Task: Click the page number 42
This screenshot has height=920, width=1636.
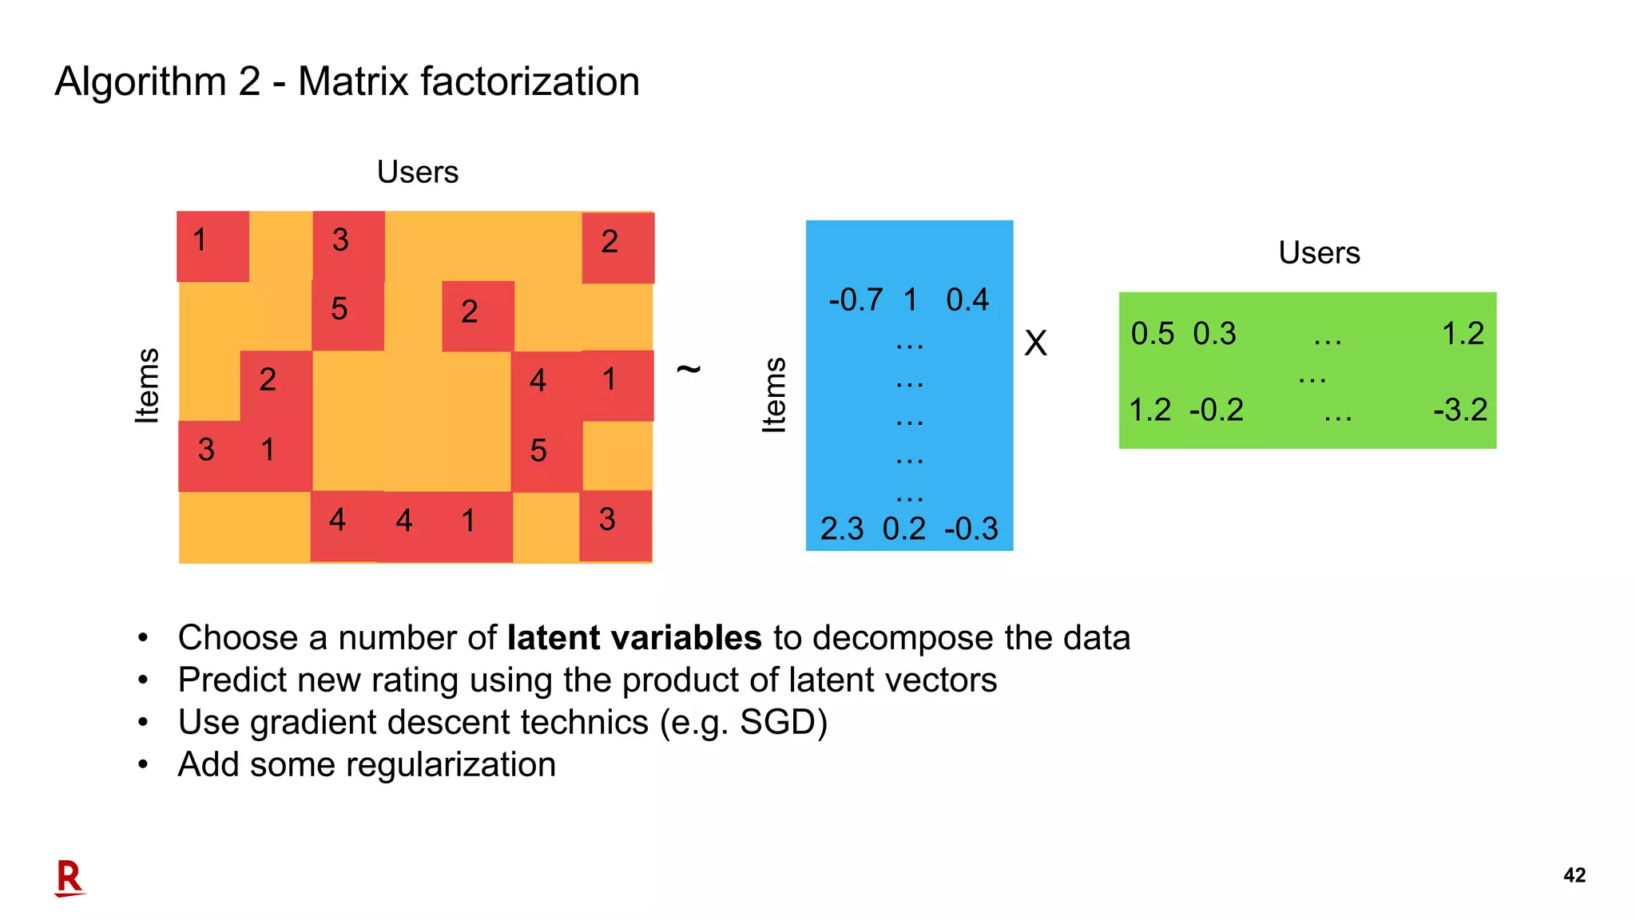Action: pos(1574,875)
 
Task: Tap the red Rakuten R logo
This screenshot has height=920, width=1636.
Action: pos(69,878)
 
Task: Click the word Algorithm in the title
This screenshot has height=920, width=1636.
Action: pos(141,81)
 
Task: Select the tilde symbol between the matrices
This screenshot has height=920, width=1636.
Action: pos(689,368)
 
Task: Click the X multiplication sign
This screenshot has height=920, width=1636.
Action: pos(1035,343)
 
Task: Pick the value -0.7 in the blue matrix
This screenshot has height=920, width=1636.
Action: pos(856,300)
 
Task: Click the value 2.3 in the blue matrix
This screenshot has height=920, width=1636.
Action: pos(842,529)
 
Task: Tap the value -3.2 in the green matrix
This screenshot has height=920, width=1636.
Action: pos(1460,410)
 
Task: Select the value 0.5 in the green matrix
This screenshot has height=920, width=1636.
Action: pos(1152,334)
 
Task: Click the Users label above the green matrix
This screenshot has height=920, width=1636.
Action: pos(1319,253)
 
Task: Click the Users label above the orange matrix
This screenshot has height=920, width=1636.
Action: pos(417,172)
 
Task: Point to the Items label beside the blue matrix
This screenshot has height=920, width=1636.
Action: pos(774,395)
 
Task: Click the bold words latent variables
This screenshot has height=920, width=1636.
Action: pos(634,638)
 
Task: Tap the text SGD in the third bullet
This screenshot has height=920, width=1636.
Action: pos(776,723)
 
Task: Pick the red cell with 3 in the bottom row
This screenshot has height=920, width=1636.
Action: pos(615,525)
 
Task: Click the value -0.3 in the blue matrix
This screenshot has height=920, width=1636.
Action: pos(971,529)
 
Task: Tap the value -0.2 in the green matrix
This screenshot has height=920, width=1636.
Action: pos(1216,410)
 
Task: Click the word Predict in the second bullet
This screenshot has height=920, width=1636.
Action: pos(232,680)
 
